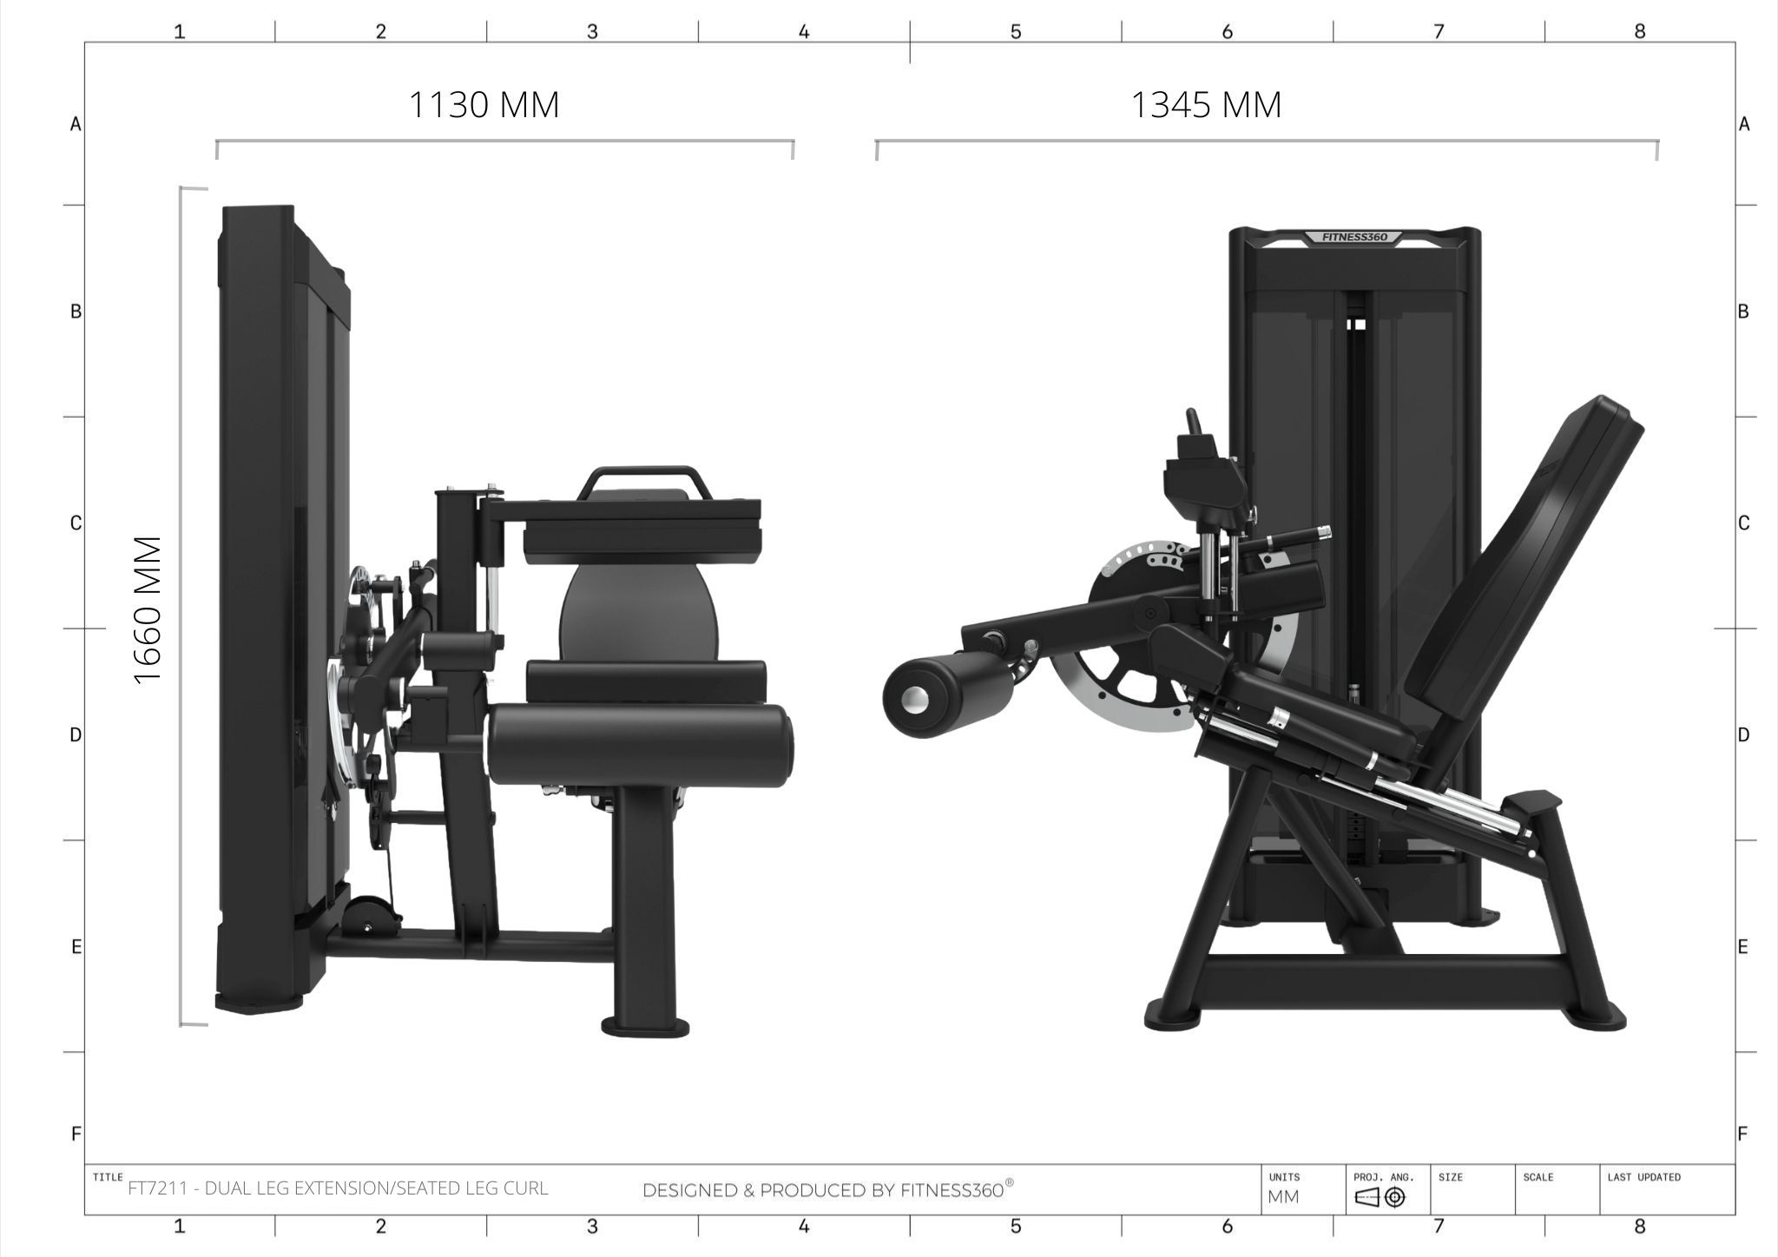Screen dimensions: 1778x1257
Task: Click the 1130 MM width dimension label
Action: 484,105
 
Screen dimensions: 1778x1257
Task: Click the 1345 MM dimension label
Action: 1206,105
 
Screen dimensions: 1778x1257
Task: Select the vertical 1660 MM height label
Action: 148,610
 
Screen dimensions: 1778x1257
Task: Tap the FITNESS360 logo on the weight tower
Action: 1354,237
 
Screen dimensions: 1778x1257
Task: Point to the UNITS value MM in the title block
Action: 1283,1197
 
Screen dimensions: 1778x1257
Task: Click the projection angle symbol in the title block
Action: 1380,1198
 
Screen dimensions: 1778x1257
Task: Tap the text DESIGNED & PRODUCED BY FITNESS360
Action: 827,1190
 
